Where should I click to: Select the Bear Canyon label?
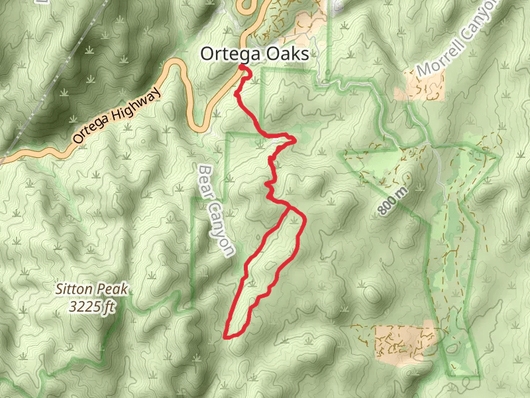click(216, 210)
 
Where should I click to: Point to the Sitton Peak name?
click(91, 289)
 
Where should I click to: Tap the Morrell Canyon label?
click(457, 40)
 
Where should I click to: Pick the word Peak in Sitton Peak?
click(113, 289)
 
